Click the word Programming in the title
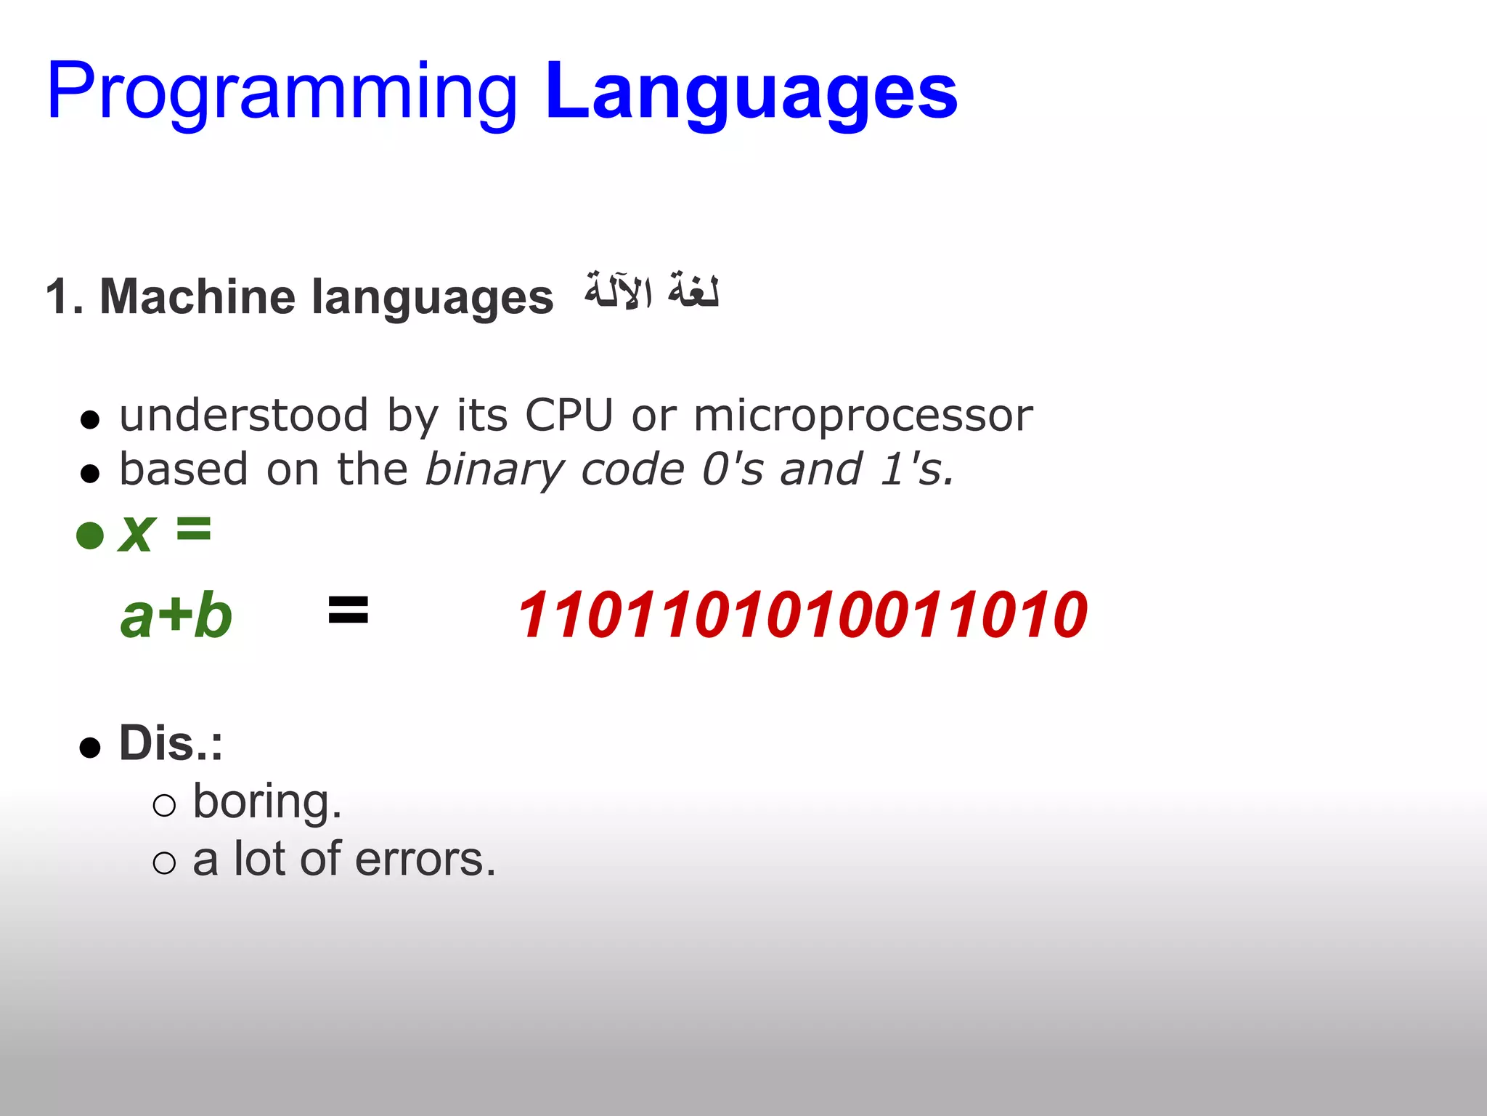(282, 93)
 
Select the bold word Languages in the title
(751, 93)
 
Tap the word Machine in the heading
(196, 296)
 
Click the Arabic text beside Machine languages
(651, 292)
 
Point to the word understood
(244, 416)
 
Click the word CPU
(569, 416)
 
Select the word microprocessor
(863, 416)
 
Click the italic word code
(632, 470)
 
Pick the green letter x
(137, 533)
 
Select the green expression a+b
(176, 616)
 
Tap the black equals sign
(349, 610)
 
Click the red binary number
(802, 615)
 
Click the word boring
(267, 801)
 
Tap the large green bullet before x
(90, 535)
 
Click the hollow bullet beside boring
(165, 806)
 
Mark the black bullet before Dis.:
(90, 747)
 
